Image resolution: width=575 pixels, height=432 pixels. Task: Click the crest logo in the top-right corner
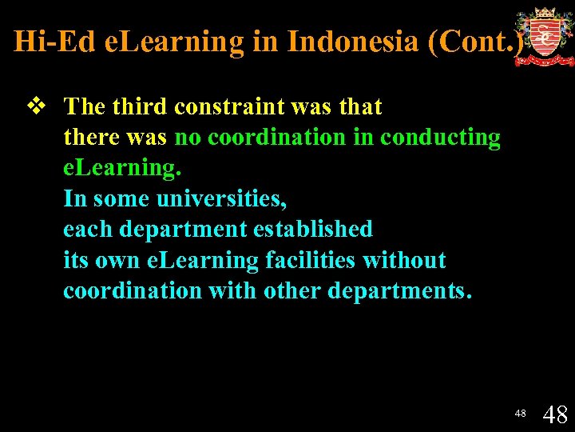pos(544,36)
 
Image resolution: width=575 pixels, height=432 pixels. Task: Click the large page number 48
pos(555,414)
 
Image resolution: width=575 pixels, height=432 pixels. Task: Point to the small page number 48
pos(520,414)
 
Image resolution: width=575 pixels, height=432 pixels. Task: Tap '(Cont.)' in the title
pos(477,41)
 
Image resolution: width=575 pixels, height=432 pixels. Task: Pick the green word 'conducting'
pos(440,138)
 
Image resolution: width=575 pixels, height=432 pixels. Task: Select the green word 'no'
pos(188,138)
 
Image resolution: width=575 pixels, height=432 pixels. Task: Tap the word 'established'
pos(313,230)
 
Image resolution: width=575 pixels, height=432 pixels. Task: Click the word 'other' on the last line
pos(292,291)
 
